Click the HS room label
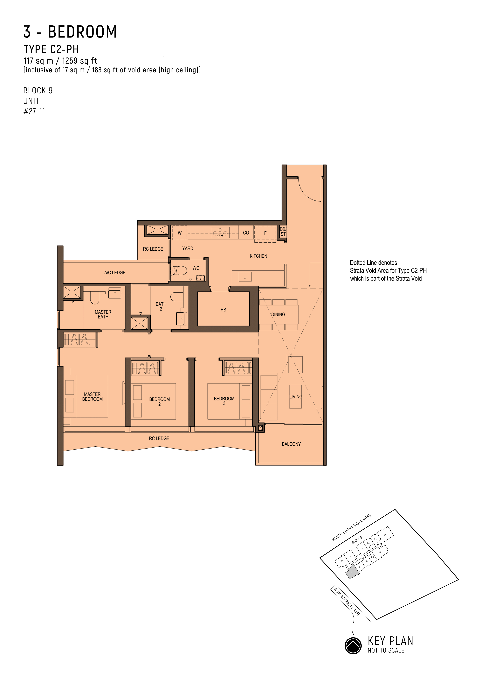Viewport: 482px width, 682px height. coord(223,310)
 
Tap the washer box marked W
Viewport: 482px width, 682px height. coord(180,233)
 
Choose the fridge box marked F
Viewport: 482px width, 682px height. coord(265,234)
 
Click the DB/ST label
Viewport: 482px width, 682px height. coord(283,232)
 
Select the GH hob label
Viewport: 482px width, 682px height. coord(220,236)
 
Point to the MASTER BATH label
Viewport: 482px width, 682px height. coord(103,314)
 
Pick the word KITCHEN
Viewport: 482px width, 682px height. coord(258,256)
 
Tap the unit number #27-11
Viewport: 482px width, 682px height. coord(34,111)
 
